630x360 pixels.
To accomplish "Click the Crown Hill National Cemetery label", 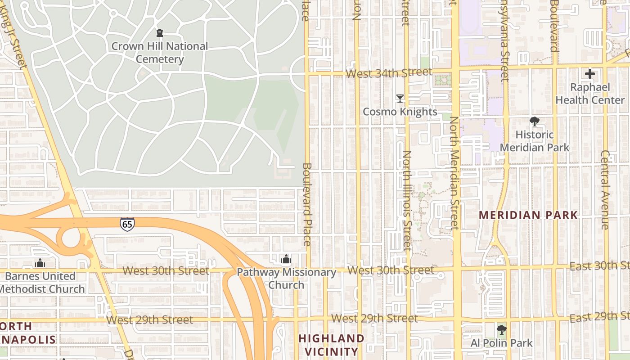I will click(159, 53).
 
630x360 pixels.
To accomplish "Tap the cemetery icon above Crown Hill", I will click(159, 33).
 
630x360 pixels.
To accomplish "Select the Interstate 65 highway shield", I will click(127, 224).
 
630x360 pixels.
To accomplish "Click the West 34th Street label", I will click(389, 72).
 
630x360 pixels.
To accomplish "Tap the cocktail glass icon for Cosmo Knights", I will click(400, 98).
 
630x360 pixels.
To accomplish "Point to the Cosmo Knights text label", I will click(400, 112).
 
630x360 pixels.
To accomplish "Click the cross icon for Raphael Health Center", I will click(589, 74).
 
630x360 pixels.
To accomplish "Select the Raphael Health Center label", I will click(589, 94).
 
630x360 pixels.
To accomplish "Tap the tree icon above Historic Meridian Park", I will click(534, 121).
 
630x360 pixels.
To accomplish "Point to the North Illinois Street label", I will click(407, 200).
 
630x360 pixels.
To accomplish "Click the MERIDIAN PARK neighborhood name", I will click(528, 215).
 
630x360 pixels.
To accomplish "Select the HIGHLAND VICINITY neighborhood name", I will click(331, 345).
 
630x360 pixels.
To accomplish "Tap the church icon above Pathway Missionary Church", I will click(286, 259).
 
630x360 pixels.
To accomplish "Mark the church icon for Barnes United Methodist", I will click(40, 262).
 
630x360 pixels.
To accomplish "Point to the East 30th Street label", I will click(599, 266).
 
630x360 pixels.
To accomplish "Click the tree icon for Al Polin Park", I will click(501, 330).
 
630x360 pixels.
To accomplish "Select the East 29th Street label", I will click(599, 317).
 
